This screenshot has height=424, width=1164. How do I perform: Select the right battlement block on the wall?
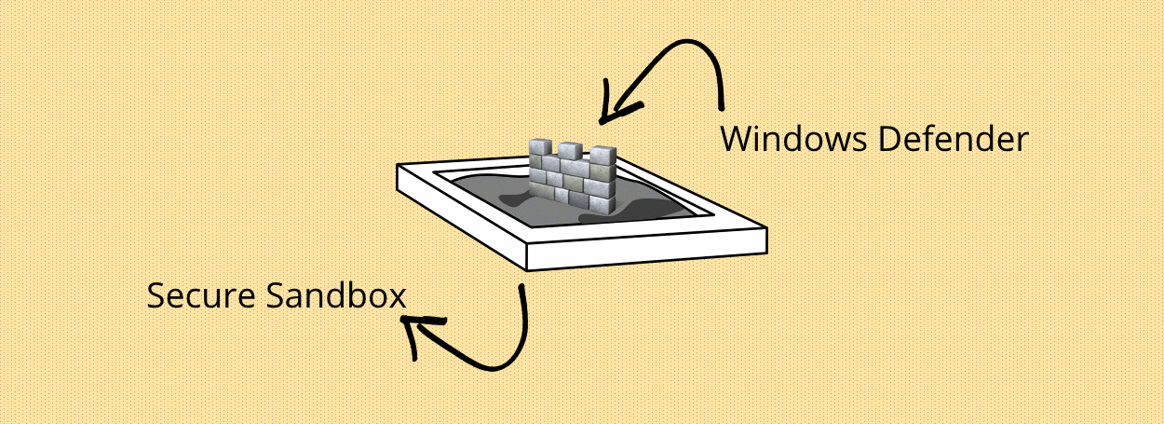coord(602,157)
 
